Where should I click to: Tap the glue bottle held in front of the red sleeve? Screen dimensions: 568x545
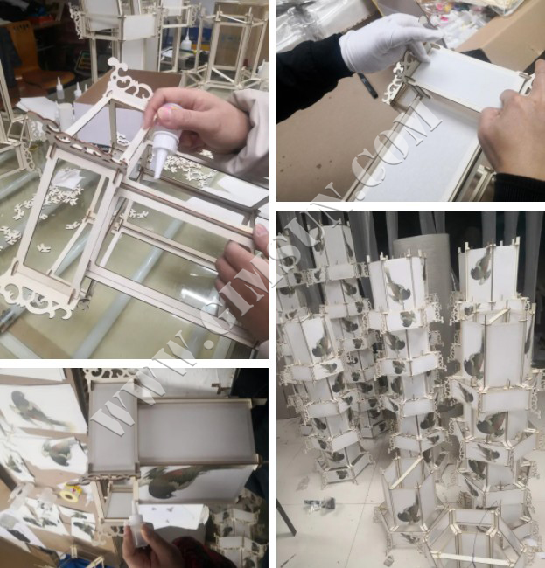[x=137, y=530]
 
